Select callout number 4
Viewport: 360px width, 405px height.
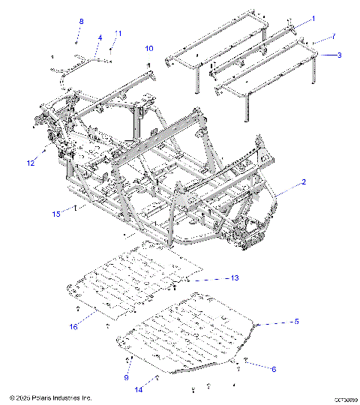[100, 37]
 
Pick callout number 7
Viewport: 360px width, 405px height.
[334, 37]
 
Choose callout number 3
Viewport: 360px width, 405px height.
[339, 55]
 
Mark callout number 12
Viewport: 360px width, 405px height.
[31, 162]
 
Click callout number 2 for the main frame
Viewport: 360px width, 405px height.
[304, 182]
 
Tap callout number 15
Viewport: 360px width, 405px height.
[56, 214]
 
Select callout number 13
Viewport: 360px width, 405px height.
[234, 277]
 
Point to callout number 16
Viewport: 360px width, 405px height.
[73, 326]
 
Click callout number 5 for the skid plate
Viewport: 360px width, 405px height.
[316, 321]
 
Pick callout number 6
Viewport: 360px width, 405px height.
[273, 369]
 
